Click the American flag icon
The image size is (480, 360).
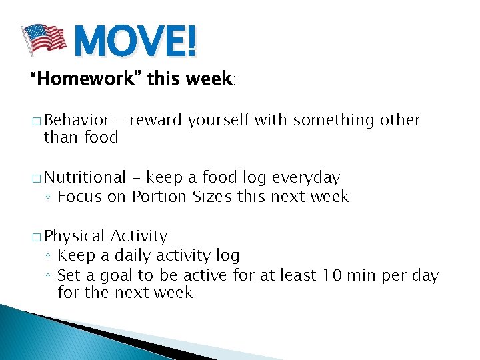[44, 40]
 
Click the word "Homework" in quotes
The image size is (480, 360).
[83, 79]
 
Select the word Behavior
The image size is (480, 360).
[77, 120]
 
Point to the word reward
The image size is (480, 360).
[157, 120]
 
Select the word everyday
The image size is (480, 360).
[307, 178]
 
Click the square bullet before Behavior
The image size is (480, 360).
[35, 121]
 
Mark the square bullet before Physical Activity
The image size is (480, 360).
[35, 237]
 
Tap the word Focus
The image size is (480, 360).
[77, 197]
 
